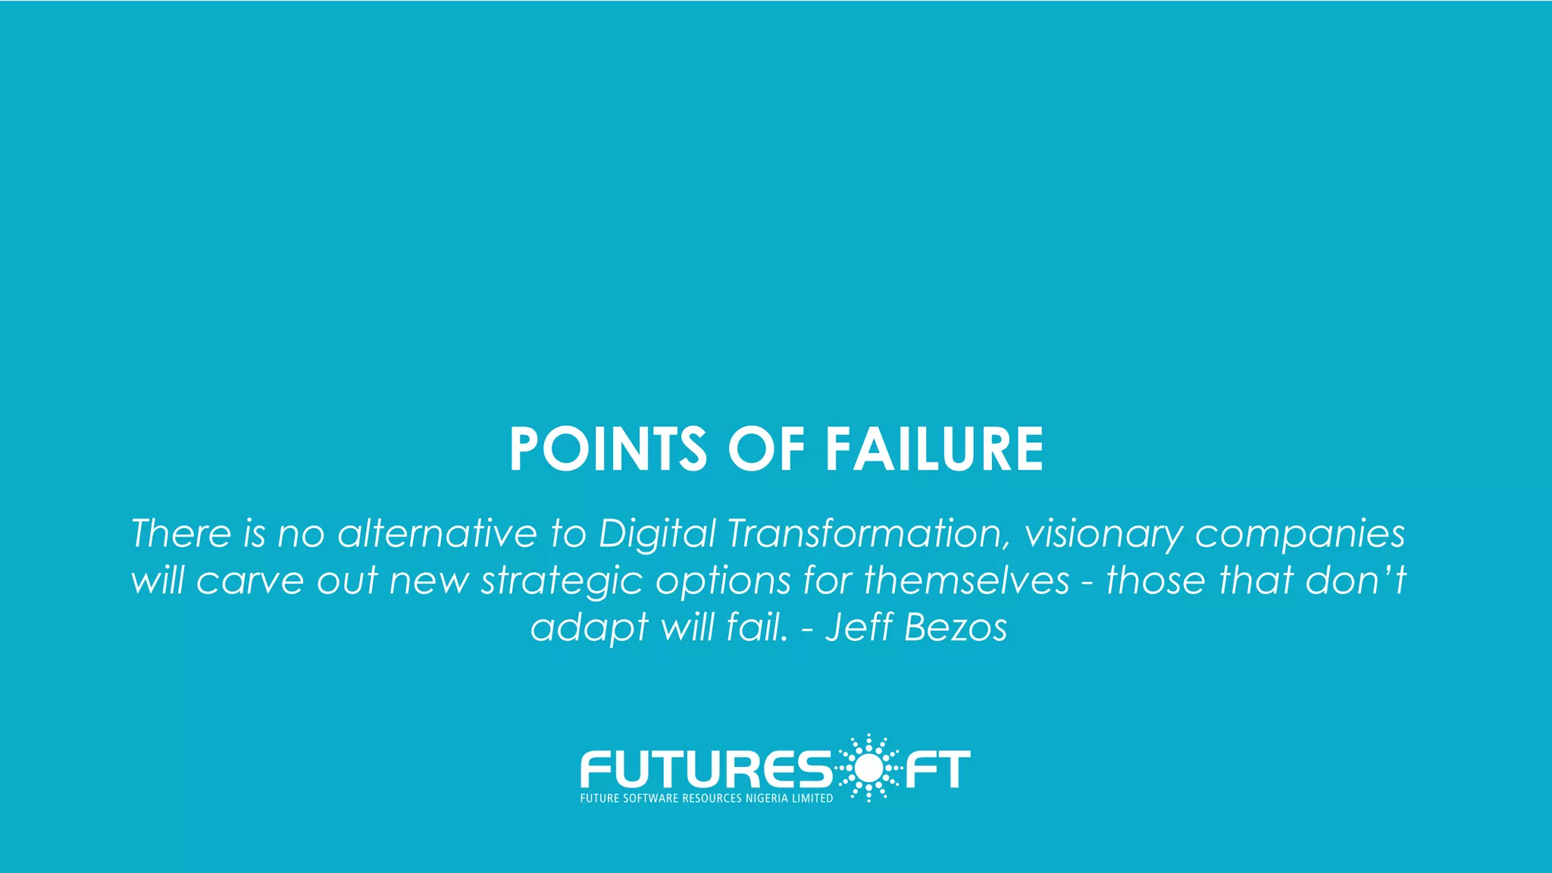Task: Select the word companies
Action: click(1300, 534)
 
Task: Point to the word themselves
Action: click(966, 580)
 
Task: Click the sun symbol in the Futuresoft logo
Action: click(868, 768)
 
